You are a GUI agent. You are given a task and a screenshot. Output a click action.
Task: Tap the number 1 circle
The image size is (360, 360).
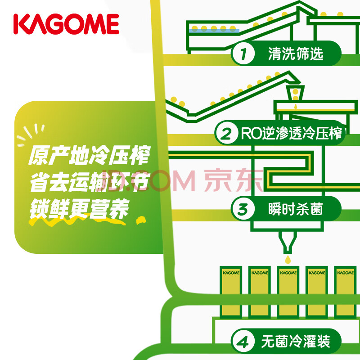(243, 54)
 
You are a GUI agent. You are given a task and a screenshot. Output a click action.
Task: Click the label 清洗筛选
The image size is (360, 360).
(295, 54)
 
